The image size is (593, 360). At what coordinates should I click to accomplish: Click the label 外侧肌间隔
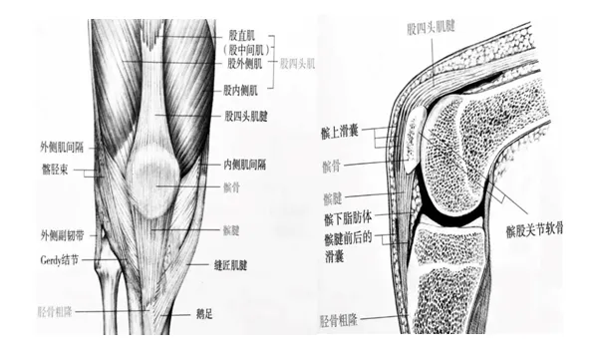click(61, 147)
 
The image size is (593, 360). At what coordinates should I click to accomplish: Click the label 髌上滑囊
click(341, 130)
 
